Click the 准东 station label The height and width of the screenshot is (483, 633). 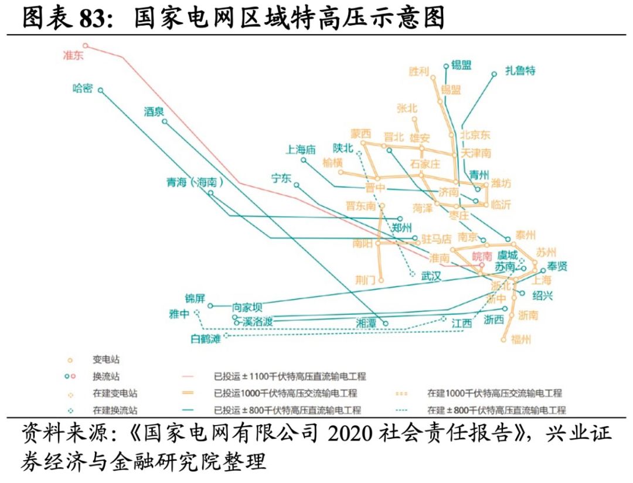(74, 56)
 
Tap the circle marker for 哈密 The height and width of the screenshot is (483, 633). (101, 90)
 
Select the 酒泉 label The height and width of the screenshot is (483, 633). (155, 111)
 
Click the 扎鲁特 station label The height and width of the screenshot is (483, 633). (521, 70)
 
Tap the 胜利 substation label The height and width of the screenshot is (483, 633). (419, 72)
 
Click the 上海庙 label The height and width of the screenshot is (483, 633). (301, 149)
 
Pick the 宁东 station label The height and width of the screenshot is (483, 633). (281, 178)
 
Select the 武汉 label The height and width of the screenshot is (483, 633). (431, 276)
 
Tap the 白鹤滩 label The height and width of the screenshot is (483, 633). (206, 338)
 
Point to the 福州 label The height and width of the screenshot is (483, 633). (520, 339)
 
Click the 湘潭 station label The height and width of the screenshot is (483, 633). (367, 323)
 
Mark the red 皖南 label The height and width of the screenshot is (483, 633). (484, 256)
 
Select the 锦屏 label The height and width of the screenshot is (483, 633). (195, 298)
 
